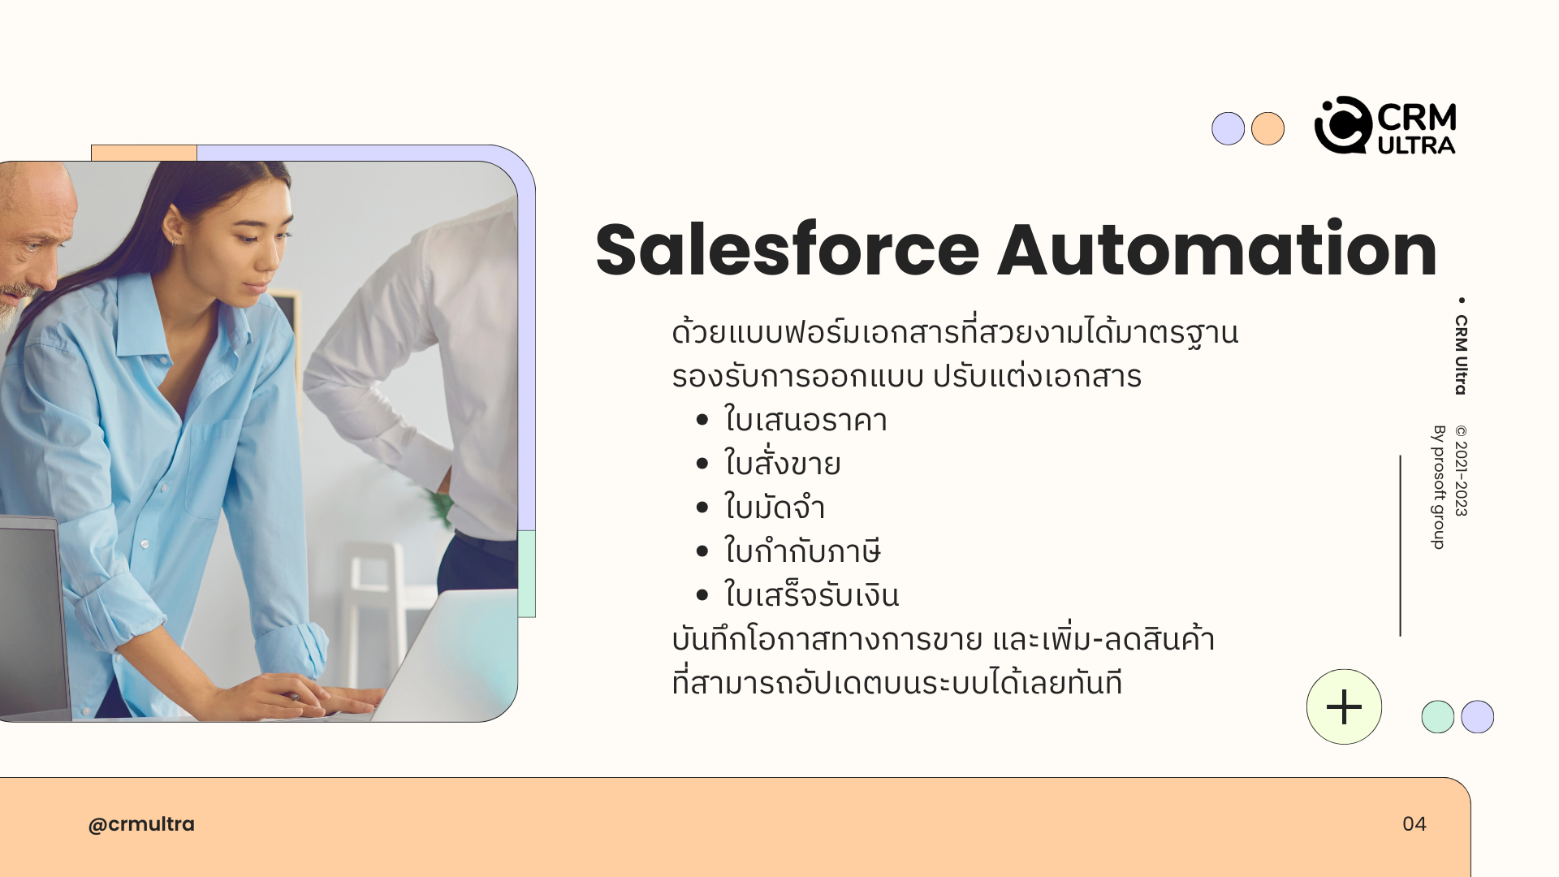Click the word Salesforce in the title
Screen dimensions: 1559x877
[788, 249]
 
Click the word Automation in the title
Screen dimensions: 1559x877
[1217, 249]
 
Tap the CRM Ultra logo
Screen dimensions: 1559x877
[1385, 126]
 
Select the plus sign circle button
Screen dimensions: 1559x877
[1344, 706]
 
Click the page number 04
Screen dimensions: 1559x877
[1414, 824]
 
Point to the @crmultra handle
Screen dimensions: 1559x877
[141, 824]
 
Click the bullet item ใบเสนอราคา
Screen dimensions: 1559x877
[805, 420]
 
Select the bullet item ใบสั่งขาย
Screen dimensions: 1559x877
[782, 463]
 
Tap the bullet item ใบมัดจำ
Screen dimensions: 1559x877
[774, 508]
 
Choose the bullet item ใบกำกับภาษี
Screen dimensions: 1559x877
[802, 551]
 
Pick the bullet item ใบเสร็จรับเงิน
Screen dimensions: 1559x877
[811, 594]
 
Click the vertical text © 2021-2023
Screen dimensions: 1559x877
[1462, 470]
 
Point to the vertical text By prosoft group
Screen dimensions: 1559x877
[1439, 486]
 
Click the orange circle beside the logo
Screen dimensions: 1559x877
[1267, 128]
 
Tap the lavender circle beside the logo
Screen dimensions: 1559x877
[1228, 128]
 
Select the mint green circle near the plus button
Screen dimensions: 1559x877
[1437, 717]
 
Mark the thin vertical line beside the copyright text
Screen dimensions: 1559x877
[1400, 546]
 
